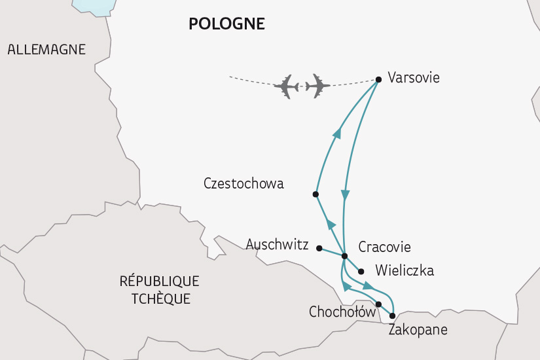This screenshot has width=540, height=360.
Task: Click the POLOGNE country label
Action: [226, 24]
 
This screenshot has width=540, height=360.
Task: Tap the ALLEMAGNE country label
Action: [46, 50]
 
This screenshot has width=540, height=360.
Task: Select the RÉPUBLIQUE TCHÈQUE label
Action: [160, 290]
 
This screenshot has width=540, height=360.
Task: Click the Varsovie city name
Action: [414, 78]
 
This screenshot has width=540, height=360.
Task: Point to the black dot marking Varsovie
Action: [378, 80]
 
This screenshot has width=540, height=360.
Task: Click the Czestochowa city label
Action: [243, 183]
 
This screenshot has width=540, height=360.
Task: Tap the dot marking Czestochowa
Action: [315, 194]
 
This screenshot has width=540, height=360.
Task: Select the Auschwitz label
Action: [277, 245]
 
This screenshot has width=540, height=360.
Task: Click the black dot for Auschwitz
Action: [319, 248]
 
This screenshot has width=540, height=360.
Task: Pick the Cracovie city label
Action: [385, 247]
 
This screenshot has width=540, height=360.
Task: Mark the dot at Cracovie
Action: [344, 256]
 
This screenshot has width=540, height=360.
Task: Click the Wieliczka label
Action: [405, 270]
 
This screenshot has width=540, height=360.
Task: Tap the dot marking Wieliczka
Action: [361, 270]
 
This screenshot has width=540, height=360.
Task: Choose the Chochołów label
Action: [342, 313]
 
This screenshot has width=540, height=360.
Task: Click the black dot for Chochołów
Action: [378, 304]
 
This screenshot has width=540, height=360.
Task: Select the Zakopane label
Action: [418, 330]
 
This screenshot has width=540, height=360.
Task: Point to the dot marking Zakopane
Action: [392, 315]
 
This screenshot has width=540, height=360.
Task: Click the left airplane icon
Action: [287, 86]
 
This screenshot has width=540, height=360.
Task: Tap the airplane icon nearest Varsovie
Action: [317, 86]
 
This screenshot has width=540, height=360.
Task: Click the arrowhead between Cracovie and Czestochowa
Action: [331, 225]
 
